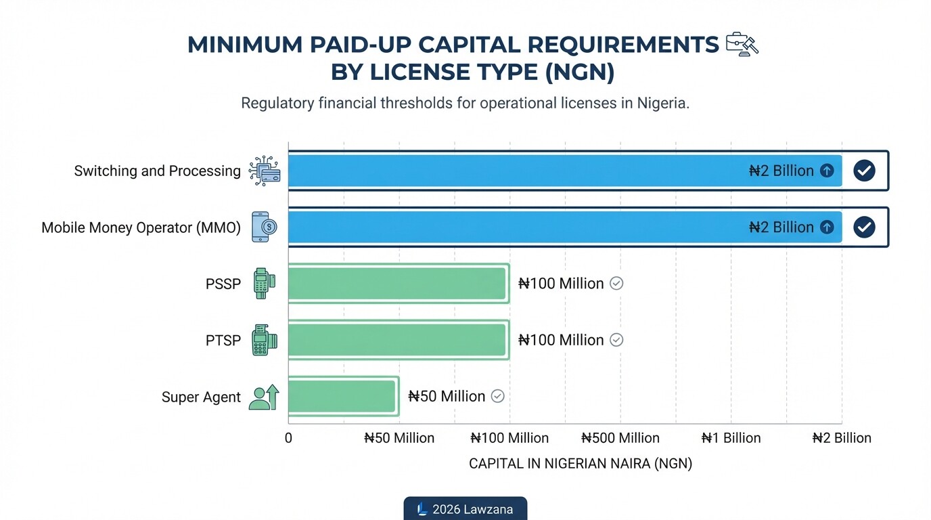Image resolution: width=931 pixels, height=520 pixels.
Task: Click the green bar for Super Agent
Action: point(342,396)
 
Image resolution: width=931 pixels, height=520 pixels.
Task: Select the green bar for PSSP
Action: point(398,284)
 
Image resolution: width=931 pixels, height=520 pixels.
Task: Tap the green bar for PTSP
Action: point(398,340)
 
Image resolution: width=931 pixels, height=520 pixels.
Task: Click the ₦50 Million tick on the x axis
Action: point(399,438)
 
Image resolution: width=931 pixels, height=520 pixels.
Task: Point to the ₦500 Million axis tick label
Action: point(620,438)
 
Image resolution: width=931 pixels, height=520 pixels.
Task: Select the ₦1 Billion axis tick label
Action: point(731,438)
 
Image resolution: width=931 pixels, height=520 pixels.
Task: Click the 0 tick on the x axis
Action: point(288,438)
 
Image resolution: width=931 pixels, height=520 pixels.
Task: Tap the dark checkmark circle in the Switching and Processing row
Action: point(864,171)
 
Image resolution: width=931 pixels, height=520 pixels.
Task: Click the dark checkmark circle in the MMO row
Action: point(864,227)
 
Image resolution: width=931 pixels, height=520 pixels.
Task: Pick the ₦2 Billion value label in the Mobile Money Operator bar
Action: point(781,227)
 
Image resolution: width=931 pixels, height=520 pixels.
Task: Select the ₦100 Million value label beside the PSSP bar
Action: point(561,284)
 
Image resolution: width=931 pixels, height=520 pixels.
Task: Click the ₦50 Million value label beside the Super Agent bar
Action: point(447,396)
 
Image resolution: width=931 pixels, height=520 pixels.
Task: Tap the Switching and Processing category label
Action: point(157,171)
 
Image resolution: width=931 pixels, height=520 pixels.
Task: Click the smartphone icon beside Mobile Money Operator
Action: point(263,227)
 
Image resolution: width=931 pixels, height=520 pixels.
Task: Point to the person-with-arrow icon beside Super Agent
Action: point(263,397)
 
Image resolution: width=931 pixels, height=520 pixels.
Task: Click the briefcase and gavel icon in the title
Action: point(742,44)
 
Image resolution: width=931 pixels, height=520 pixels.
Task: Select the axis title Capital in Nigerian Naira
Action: point(581,464)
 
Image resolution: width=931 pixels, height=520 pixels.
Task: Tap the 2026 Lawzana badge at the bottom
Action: point(465,509)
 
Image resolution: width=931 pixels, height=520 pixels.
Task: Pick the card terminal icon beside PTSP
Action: point(263,340)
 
